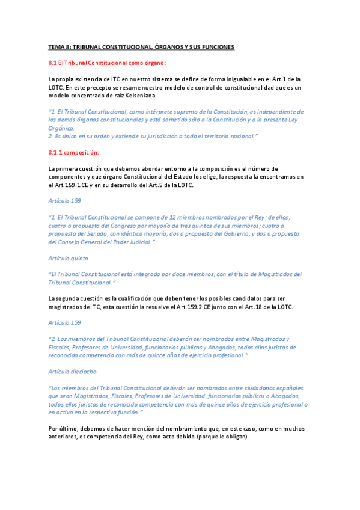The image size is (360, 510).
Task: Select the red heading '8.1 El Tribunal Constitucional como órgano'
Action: pos(107,63)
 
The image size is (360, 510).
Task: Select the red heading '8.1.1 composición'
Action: pos(73,153)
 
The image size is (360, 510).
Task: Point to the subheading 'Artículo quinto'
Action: pos(68,257)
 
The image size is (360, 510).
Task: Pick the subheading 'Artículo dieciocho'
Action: pos(72,372)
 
